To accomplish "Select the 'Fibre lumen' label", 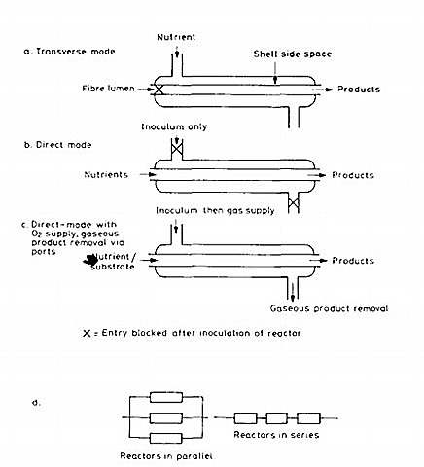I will click(107, 90).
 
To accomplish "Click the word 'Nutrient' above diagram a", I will click(176, 36).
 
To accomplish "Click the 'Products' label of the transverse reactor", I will click(359, 90).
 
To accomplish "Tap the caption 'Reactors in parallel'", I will click(172, 455).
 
